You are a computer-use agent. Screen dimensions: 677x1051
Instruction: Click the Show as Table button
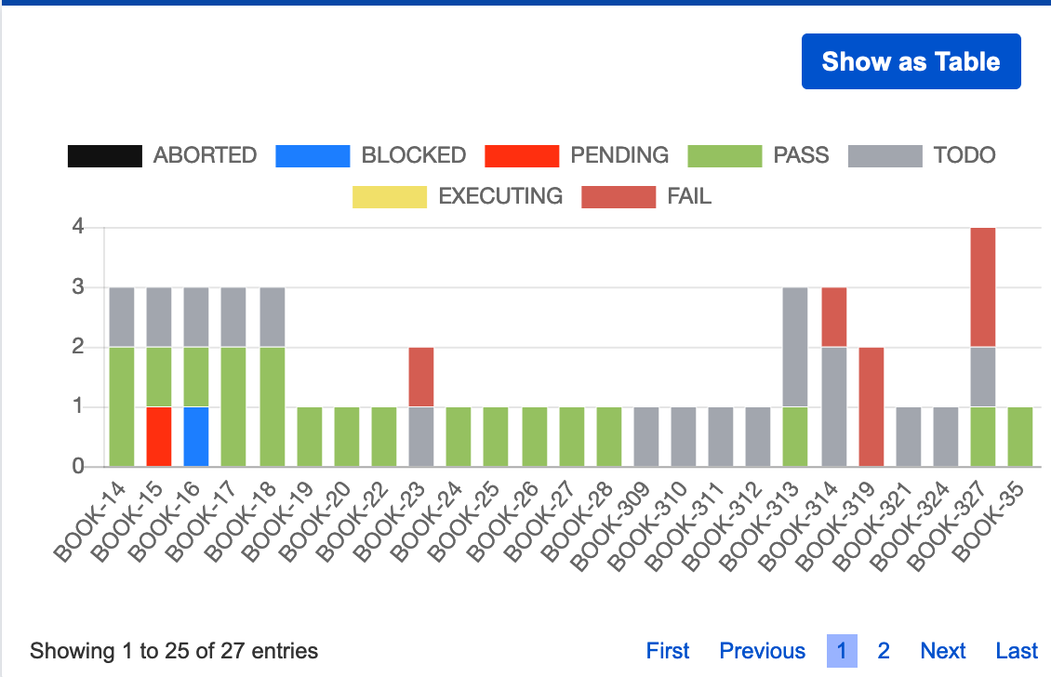(911, 61)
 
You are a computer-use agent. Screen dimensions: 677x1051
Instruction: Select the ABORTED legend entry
(162, 155)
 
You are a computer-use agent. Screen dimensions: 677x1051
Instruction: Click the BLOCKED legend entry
(370, 155)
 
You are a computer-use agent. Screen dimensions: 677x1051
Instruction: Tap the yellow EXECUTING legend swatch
(389, 196)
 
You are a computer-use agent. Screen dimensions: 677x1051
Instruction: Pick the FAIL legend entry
(646, 196)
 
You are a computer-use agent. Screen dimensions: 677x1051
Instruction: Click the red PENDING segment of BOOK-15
(159, 436)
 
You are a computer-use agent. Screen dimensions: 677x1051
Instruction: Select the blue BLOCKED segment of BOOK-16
(196, 436)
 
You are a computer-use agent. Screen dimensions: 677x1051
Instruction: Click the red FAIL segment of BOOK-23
(421, 377)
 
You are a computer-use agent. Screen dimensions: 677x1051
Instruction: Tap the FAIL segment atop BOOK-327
(983, 287)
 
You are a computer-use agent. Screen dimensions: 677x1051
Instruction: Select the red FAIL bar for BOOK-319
(871, 406)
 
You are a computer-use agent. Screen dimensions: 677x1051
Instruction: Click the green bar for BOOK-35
(1020, 436)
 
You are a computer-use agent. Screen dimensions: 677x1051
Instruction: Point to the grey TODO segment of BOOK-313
(794, 347)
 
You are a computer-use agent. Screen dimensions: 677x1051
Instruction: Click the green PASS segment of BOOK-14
(122, 406)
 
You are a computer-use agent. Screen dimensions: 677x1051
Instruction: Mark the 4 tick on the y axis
(79, 227)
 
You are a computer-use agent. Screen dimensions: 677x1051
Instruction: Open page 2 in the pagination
(884, 651)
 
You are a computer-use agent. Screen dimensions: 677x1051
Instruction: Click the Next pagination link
(942, 651)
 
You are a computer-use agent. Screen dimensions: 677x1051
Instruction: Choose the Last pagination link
(1017, 651)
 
